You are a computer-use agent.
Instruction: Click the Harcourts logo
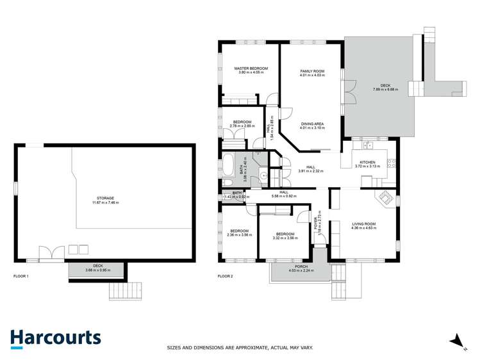pos(55,338)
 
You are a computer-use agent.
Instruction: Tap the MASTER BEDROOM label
pos(251,69)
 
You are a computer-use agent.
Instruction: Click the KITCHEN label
pos(367,162)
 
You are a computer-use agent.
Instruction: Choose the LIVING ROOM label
pos(363,224)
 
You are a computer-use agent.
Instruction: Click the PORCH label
pos(301,266)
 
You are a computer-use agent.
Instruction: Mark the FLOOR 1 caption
pos(21,276)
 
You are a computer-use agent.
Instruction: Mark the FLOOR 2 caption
pos(226,276)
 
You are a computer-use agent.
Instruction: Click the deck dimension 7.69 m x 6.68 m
pos(385,90)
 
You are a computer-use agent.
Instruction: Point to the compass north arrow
pos(457,340)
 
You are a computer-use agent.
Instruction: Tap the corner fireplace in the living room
pos(386,197)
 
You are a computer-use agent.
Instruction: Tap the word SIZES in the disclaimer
pos(175,348)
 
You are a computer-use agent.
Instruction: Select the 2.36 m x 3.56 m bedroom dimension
pos(240,235)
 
